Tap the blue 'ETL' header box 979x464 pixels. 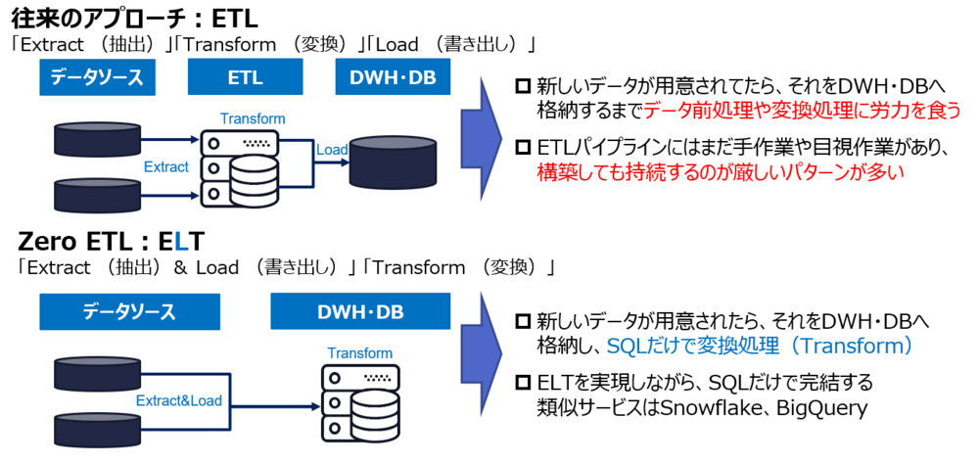click(x=245, y=77)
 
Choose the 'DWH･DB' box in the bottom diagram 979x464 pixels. click(x=359, y=311)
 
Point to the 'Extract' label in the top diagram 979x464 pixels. click(x=165, y=167)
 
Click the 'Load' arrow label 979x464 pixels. click(x=332, y=150)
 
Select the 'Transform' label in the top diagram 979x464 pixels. click(x=253, y=118)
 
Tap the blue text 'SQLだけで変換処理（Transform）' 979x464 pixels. click(x=760, y=346)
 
